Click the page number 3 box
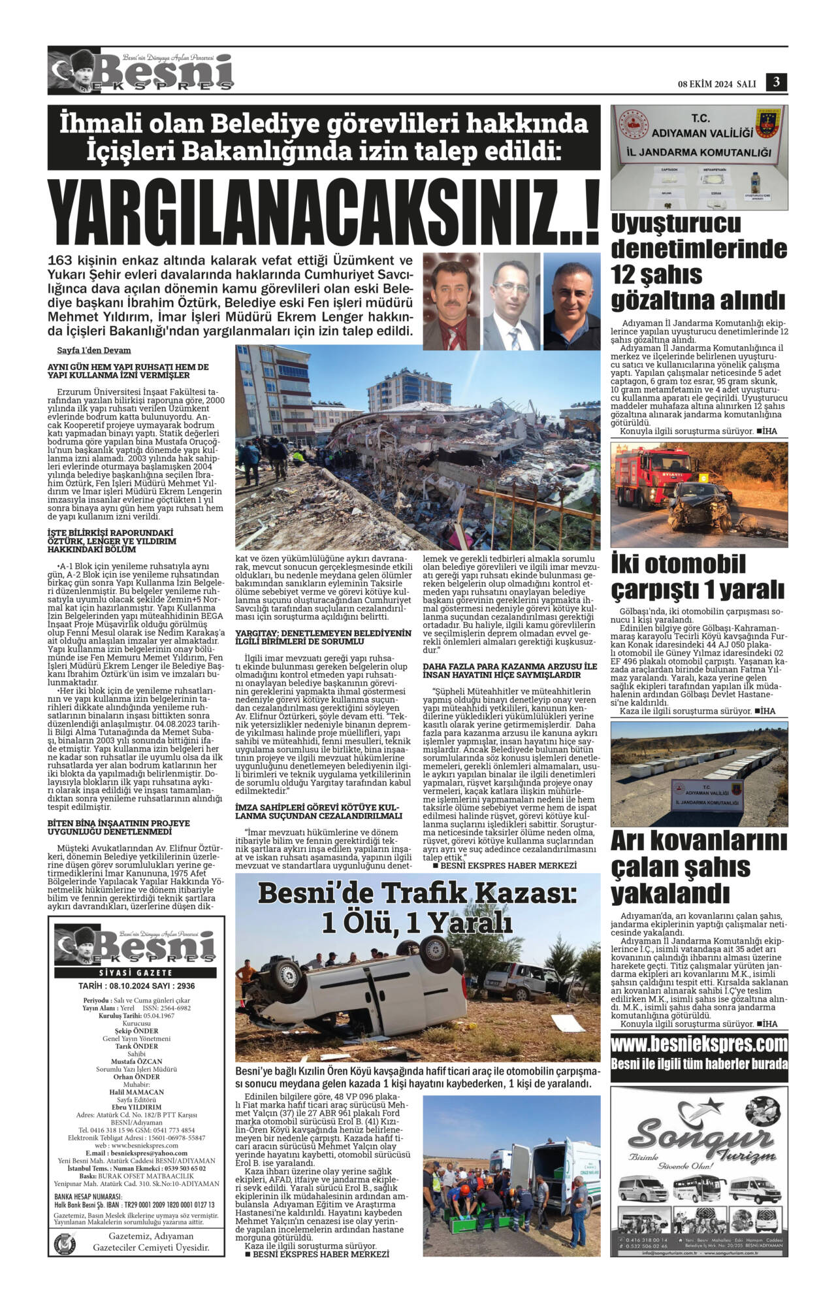(777, 82)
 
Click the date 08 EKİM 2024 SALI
(716, 84)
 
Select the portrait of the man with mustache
(451, 301)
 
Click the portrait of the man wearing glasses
(511, 301)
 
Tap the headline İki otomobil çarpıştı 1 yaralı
(698, 576)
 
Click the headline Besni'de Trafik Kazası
(417, 908)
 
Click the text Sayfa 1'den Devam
(93, 350)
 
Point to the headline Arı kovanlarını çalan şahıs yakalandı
(690, 867)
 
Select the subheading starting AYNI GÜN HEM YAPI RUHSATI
(128, 371)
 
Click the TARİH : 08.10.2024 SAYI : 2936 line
(137, 986)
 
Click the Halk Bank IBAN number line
(135, 1204)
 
